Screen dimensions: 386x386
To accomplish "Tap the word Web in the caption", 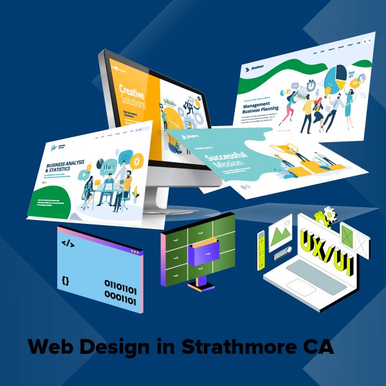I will [51, 347].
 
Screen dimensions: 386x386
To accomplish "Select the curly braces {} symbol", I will [65, 280].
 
